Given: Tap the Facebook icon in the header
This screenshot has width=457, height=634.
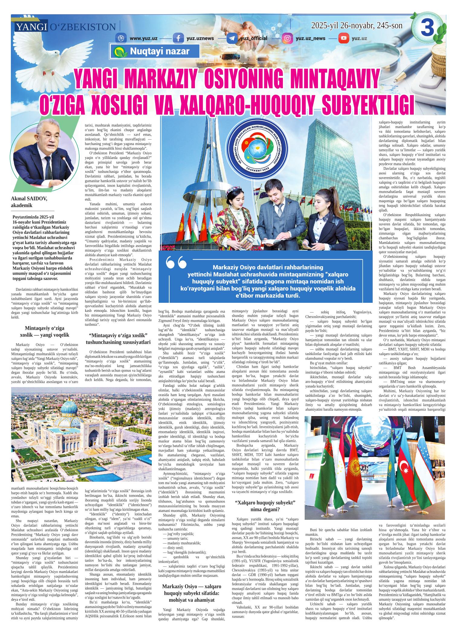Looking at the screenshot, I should [178, 38].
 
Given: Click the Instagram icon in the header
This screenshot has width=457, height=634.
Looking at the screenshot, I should [287, 38].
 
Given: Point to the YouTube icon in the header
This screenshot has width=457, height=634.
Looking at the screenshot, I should [343, 38].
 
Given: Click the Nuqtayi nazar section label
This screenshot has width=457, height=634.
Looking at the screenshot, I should [155, 51].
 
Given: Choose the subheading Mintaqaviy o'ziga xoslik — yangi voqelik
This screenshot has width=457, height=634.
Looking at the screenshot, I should [44, 332].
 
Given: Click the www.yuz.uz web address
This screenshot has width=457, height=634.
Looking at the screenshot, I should [143, 38].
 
